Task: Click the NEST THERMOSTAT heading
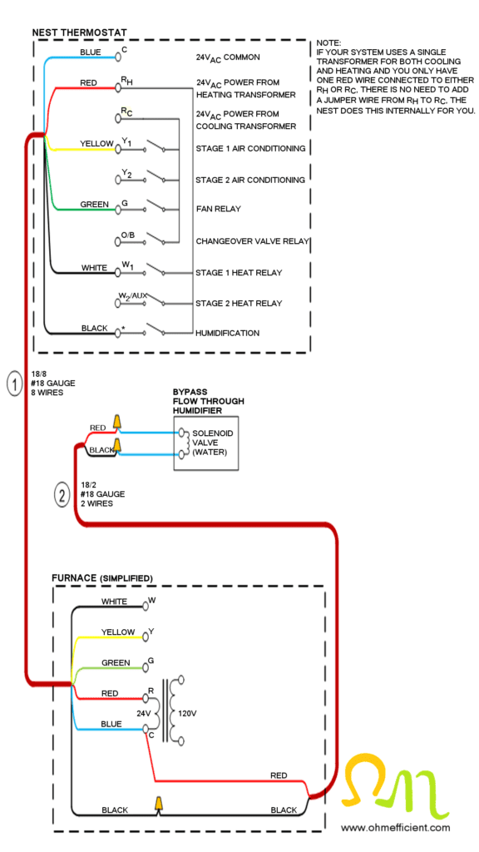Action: coord(79,32)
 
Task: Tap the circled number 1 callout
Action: coord(14,384)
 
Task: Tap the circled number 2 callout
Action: coord(62,495)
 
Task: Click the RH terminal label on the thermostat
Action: coord(126,81)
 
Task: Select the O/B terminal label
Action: coord(127,235)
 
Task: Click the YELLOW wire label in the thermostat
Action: coord(96,144)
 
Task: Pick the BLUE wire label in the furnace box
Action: coord(111,724)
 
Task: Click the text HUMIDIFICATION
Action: coord(227,333)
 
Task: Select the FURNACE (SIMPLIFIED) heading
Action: coord(102,577)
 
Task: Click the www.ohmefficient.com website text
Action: coord(395,827)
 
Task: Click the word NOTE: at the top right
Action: coord(329,42)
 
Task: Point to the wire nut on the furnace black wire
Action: coord(156,803)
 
